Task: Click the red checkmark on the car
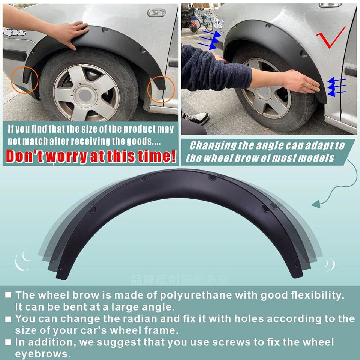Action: tap(330, 37)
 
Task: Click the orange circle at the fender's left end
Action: tap(25, 79)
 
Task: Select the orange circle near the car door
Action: tap(161, 89)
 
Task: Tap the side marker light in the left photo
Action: tap(156, 13)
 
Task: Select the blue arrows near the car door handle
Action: tap(336, 86)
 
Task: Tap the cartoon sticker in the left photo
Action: tap(14, 32)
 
